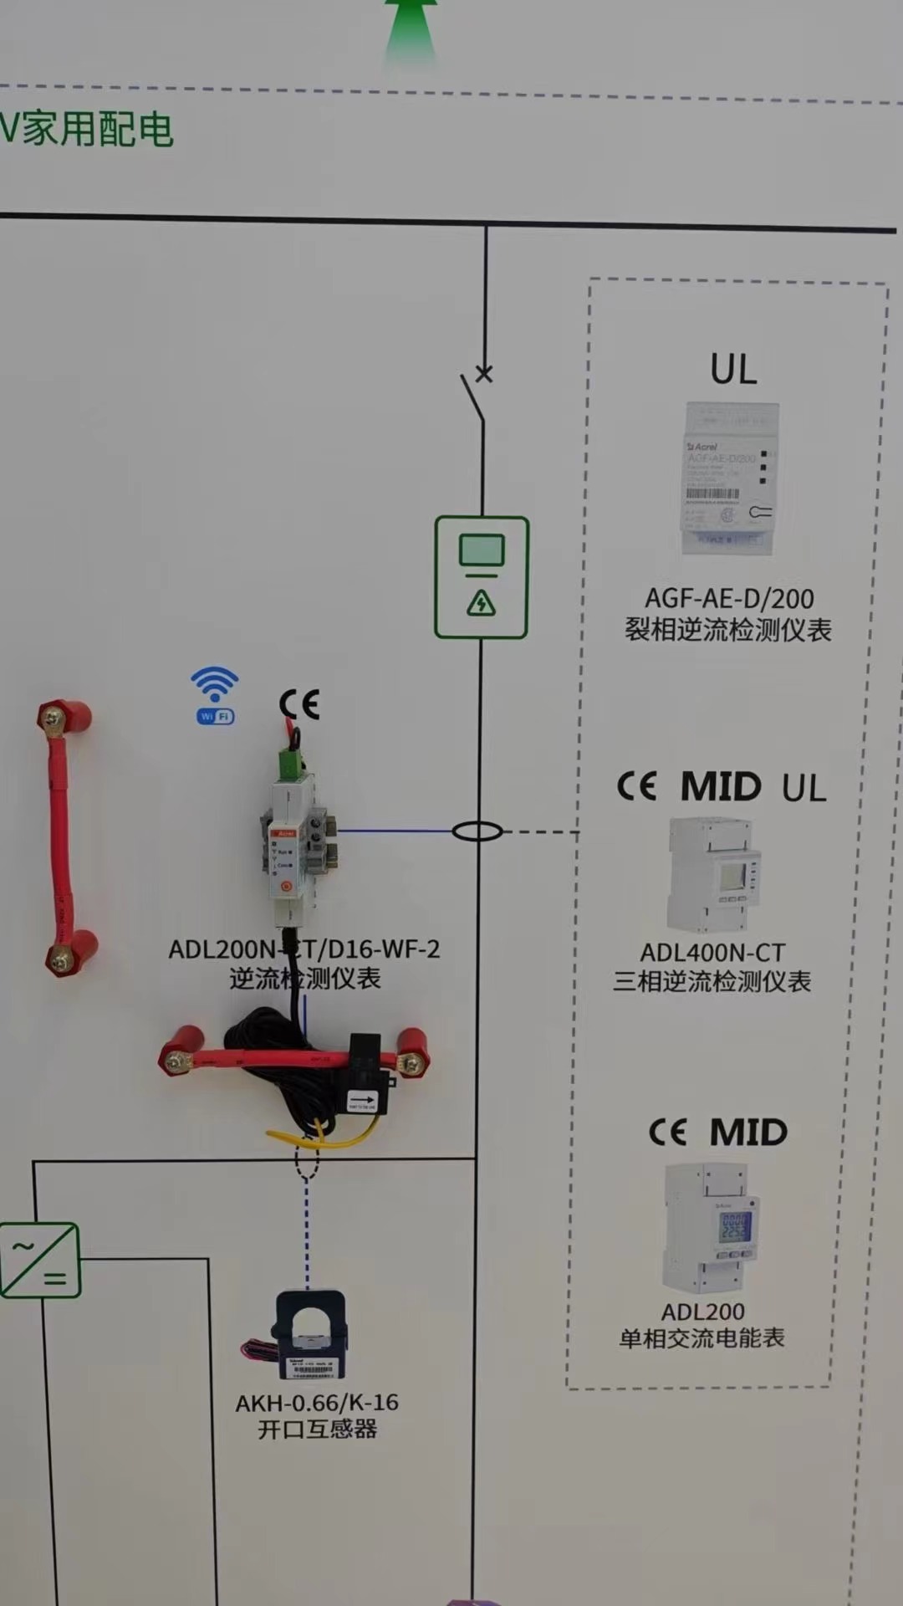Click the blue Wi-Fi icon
215,694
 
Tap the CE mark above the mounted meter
299,704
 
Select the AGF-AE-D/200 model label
729,598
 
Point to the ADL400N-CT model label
712,953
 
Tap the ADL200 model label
702,1312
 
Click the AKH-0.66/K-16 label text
317,1403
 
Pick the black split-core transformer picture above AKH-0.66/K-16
311,1336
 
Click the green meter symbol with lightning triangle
482,577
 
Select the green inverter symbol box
40,1261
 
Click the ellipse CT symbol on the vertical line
477,831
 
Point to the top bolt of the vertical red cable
55,717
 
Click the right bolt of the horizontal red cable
411,1063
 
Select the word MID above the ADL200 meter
748,1133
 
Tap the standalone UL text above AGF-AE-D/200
733,369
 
